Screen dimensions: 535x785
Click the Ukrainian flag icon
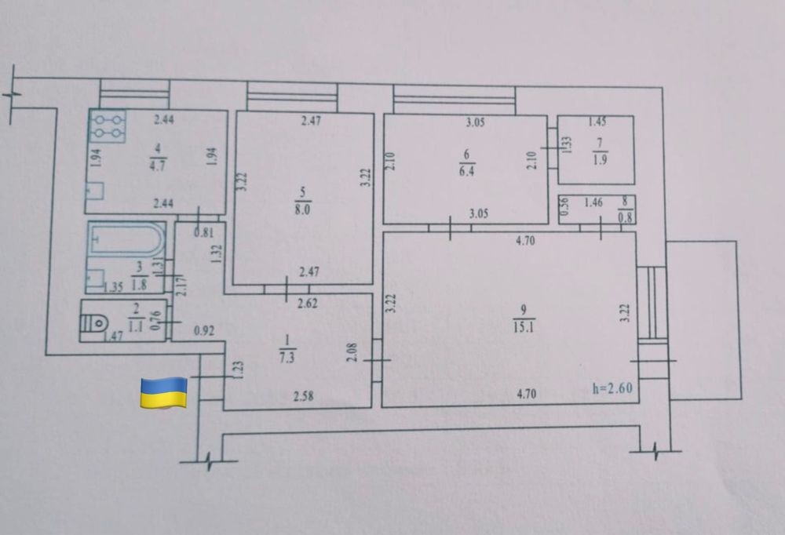click(163, 391)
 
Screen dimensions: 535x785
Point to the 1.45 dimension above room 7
click(597, 122)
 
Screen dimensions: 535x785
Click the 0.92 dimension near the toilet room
click(204, 331)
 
